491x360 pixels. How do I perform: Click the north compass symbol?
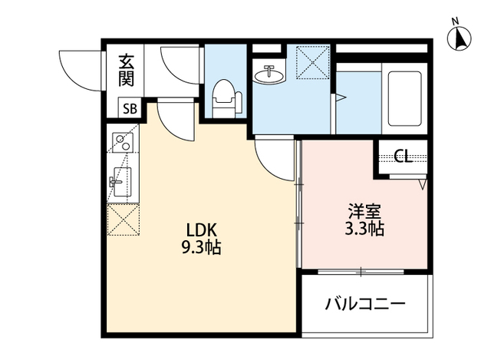(459, 38)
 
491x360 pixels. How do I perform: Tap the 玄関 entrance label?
(126, 71)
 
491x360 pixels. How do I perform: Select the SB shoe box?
(130, 108)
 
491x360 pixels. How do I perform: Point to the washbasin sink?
(269, 74)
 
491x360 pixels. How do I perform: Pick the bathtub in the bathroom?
(404, 99)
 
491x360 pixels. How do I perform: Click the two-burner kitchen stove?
(123, 143)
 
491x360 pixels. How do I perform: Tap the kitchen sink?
(120, 182)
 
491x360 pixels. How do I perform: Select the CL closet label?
(403, 156)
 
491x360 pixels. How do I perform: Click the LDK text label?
(202, 231)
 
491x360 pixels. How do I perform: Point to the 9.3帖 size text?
(201, 247)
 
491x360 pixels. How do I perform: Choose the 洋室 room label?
(364, 212)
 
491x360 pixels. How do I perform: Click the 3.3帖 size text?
(364, 229)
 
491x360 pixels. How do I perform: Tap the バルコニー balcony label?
(365, 303)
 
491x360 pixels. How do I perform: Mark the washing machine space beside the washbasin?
(313, 63)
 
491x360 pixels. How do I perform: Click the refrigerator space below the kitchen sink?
(123, 220)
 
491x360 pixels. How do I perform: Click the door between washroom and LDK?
(275, 158)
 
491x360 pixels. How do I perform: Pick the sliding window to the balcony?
(361, 272)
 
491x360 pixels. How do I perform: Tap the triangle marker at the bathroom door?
(340, 97)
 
